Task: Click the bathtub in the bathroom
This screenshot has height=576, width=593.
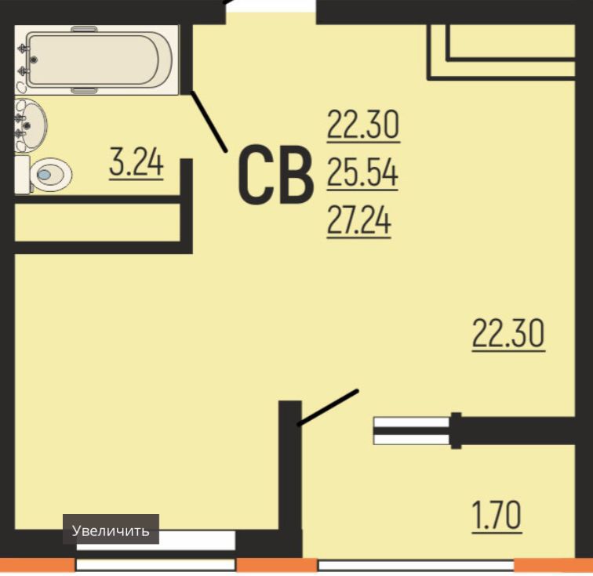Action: coord(96,60)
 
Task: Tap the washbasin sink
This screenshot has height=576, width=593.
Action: coord(31,125)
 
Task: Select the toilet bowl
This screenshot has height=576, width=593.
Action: coord(51,175)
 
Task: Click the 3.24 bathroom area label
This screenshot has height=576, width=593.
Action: coord(136,163)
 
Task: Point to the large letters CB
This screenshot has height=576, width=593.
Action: coord(276,175)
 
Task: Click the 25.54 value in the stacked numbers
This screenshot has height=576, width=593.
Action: coord(362,173)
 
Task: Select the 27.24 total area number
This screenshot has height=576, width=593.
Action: coord(358,222)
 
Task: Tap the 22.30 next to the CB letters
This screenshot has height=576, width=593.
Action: coord(363,125)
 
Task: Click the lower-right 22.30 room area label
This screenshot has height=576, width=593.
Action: coord(508,334)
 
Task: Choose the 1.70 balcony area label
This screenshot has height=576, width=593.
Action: coord(497,516)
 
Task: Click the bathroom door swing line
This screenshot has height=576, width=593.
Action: coord(209,121)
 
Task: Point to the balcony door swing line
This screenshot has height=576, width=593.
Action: coord(328,408)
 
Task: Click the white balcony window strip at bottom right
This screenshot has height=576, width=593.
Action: coord(416,565)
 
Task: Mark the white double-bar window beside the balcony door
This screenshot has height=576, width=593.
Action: coord(412,430)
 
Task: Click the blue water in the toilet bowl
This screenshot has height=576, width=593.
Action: coord(44,175)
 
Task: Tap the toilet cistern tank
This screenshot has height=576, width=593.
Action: coord(22,175)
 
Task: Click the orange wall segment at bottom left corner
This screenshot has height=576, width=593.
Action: coord(37,565)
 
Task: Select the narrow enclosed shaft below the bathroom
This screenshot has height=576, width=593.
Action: coord(97,223)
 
